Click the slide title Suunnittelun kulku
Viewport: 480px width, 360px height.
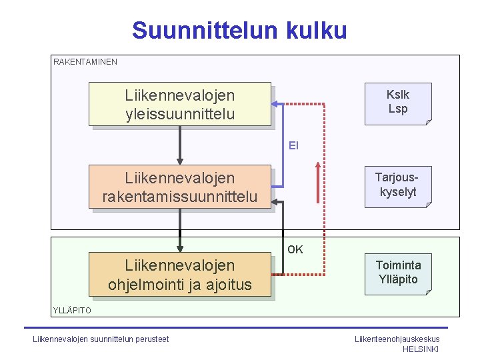point(239,30)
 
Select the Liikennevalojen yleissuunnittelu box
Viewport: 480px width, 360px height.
point(180,105)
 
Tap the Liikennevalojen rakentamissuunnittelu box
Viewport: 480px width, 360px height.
point(180,187)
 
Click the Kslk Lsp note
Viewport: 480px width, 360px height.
point(398,102)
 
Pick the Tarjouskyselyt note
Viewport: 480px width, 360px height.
point(397,185)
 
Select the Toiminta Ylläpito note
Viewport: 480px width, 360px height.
point(397,272)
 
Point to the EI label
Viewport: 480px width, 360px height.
point(293,145)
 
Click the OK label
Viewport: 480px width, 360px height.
point(295,249)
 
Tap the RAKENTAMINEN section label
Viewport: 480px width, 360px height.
point(85,62)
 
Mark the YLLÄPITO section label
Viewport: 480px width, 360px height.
point(72,310)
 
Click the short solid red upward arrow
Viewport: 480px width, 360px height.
point(317,181)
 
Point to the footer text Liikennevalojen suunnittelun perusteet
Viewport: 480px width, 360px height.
point(101,339)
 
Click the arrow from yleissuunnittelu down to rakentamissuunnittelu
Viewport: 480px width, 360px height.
point(180,145)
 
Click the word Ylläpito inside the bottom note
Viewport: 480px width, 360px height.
point(397,279)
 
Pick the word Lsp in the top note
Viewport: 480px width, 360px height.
point(398,109)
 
